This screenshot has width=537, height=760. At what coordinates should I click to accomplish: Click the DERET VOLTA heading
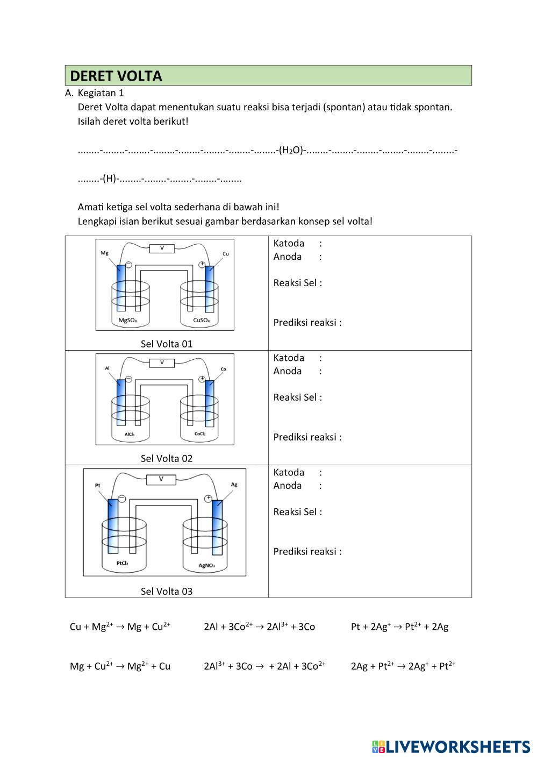(x=116, y=76)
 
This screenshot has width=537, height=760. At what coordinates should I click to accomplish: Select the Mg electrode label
(x=104, y=252)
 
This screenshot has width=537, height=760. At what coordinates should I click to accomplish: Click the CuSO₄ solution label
(x=202, y=321)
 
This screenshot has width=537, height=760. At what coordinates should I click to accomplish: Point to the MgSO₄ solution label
(x=127, y=321)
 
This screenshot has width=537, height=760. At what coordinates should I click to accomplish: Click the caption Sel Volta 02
(x=166, y=458)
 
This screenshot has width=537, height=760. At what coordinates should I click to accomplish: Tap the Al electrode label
(x=108, y=368)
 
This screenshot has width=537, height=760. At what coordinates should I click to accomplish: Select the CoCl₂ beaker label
(x=200, y=434)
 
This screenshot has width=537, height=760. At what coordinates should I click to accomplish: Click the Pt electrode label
(x=98, y=485)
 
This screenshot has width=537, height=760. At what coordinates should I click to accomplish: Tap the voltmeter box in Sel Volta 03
(x=161, y=479)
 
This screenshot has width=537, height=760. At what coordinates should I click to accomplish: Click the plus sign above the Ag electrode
(x=208, y=499)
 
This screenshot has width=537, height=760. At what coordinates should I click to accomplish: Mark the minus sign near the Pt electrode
(x=122, y=499)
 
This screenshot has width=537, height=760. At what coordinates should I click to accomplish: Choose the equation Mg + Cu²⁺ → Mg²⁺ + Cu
(x=120, y=666)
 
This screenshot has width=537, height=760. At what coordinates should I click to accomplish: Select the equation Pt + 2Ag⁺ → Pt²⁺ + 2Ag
(x=399, y=627)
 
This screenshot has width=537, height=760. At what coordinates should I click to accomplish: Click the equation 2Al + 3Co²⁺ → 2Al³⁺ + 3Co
(x=259, y=627)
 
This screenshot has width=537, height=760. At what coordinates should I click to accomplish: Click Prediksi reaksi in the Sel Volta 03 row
(x=307, y=551)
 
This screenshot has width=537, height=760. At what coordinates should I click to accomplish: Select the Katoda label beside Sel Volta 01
(x=289, y=243)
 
